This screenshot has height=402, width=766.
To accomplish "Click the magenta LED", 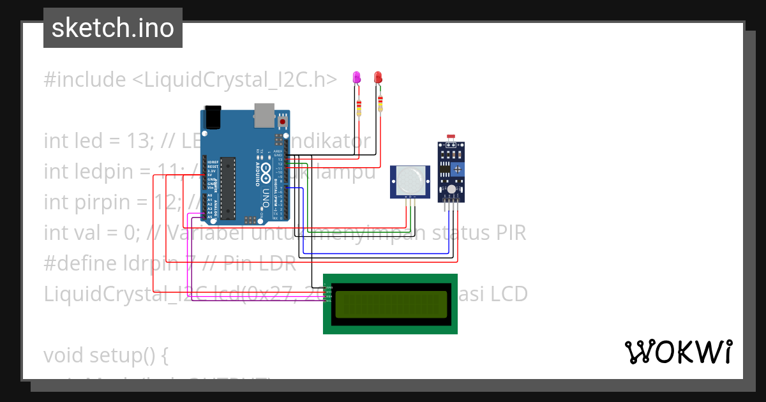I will point(357,78).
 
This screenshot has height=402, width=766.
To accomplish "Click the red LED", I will point(378,77).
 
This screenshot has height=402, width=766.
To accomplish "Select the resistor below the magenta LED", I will point(359,108).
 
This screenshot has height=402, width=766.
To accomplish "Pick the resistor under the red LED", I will point(380,103).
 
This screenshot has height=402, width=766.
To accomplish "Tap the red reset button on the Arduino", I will point(282,121).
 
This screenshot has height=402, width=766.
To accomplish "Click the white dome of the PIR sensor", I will point(410,179).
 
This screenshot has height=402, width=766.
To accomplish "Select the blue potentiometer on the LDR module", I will point(457,168).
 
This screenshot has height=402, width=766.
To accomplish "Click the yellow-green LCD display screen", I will point(390,304).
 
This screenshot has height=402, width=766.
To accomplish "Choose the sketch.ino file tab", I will point(113,28).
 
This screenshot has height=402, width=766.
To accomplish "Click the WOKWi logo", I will point(678,352).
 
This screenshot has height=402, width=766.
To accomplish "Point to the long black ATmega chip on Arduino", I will point(227,188).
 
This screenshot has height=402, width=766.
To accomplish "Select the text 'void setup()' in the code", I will point(105,355).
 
